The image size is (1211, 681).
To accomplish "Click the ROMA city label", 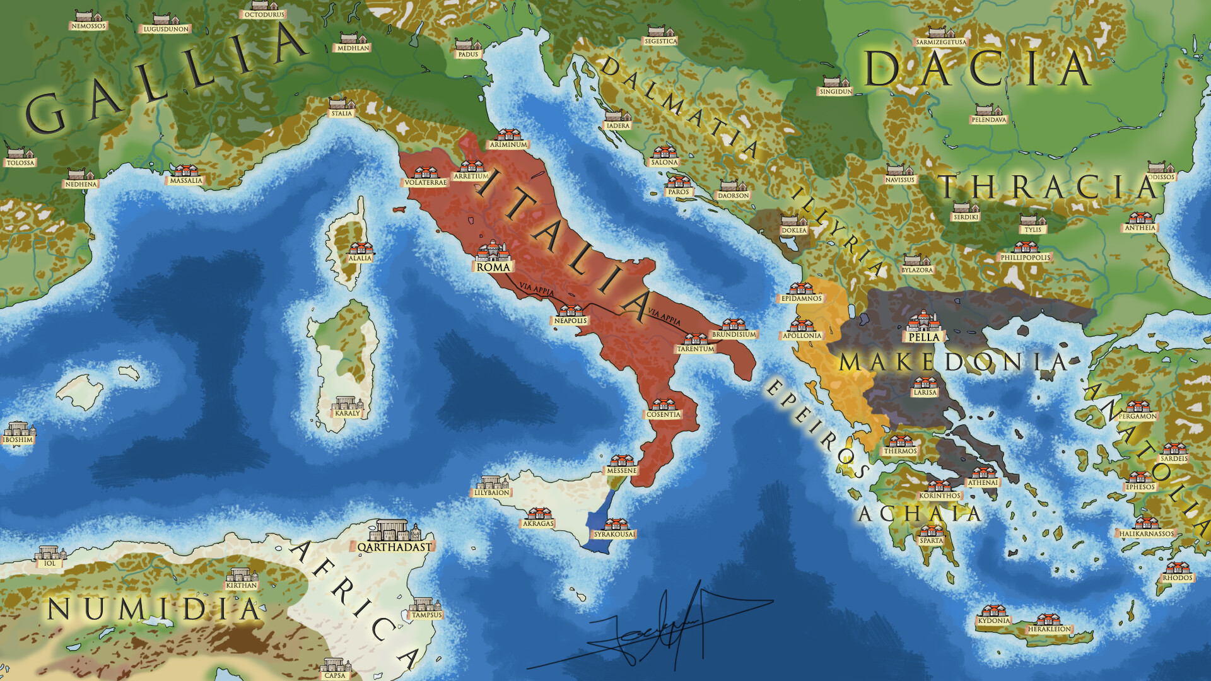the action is coord(493,267).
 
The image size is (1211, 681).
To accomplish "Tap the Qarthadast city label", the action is coord(395,547).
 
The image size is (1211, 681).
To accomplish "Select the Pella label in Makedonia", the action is coord(924,337).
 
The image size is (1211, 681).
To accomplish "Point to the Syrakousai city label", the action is coord(614,535).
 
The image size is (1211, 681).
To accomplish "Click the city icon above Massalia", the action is coord(185,171).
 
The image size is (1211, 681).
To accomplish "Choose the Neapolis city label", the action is coord(570,321).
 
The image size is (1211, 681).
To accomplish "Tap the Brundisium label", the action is coord(734,335).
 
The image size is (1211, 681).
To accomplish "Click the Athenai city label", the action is coord(983,483).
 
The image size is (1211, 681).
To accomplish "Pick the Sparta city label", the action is coord(931,540).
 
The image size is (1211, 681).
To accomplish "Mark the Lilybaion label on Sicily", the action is coord(491,493).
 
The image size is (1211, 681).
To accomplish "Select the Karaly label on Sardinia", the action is coord(347,414).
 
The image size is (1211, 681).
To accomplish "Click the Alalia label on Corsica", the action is coord(360,258).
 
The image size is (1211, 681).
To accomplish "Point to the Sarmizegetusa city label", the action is coord(940,42).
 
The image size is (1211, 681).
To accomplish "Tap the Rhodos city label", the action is coord(1178,578).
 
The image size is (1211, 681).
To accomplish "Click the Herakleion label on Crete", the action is coord(1049,629).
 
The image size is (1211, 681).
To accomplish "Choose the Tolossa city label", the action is coord(21,163).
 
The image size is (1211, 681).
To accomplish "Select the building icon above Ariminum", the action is coord(508,134).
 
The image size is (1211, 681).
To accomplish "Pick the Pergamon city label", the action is coord(1138,416).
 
